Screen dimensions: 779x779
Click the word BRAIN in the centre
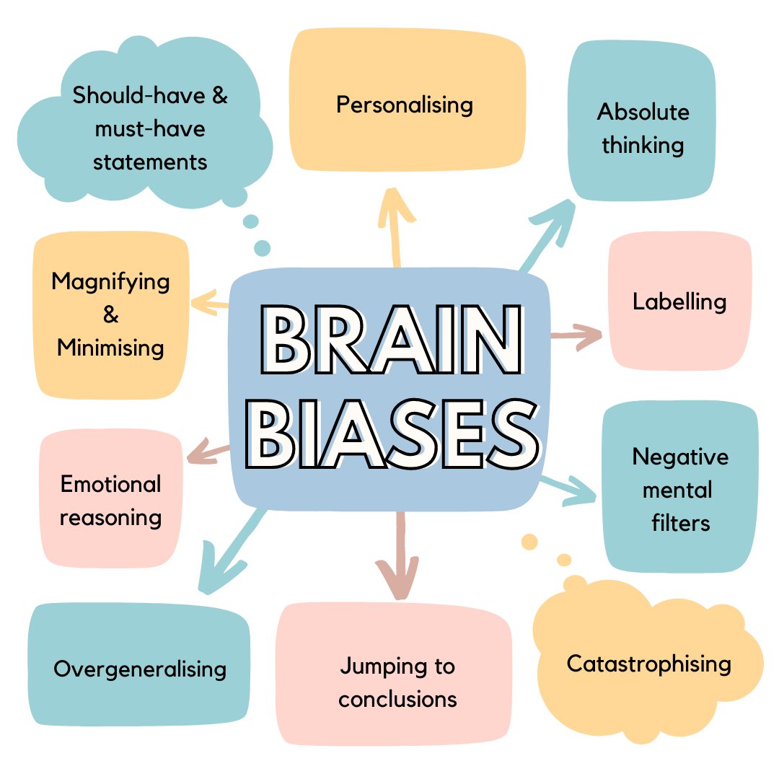click(389, 340)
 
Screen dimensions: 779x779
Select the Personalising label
click(405, 105)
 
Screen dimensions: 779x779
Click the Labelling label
click(679, 302)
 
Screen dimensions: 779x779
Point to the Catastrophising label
click(648, 664)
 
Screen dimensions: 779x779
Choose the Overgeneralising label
click(140, 669)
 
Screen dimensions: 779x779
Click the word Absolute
click(643, 112)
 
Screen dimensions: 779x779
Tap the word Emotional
click(110, 484)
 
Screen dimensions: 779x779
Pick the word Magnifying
click(110, 281)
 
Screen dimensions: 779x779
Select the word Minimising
click(110, 348)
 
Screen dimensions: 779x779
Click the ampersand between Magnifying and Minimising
click(110, 315)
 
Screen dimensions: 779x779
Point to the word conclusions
click(397, 699)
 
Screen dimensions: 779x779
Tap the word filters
click(680, 523)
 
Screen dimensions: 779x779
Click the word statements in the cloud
click(150, 161)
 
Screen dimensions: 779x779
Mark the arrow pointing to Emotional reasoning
click(209, 454)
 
